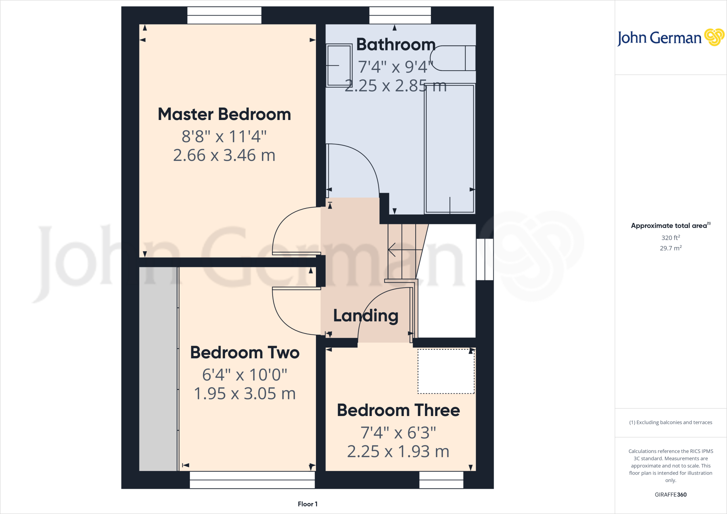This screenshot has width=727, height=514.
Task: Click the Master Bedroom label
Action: pos(224,114)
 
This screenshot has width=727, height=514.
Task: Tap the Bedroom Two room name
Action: pos(245,352)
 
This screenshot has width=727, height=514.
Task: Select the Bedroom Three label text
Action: pos(398,410)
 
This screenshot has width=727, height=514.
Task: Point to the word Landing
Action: pos(366,316)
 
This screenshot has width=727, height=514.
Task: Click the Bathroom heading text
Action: pos(396,45)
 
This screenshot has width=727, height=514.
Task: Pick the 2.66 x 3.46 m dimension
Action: pos(224,155)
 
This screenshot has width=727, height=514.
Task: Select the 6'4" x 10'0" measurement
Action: pos(245,375)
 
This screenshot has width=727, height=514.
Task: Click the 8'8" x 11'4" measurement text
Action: pos(224,136)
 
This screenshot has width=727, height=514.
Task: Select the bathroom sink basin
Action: pos(339,65)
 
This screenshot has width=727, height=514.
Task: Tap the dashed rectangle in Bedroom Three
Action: pos(446,371)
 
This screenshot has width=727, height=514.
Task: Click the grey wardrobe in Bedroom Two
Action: pos(158,369)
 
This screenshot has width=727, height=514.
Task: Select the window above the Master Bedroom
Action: pos(224,15)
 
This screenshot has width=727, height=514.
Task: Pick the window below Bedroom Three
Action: pos(441,480)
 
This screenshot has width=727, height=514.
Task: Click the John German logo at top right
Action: pos(670,38)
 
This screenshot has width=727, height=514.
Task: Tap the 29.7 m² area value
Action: pos(671,248)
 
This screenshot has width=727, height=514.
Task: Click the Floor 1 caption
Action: pos(307,504)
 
